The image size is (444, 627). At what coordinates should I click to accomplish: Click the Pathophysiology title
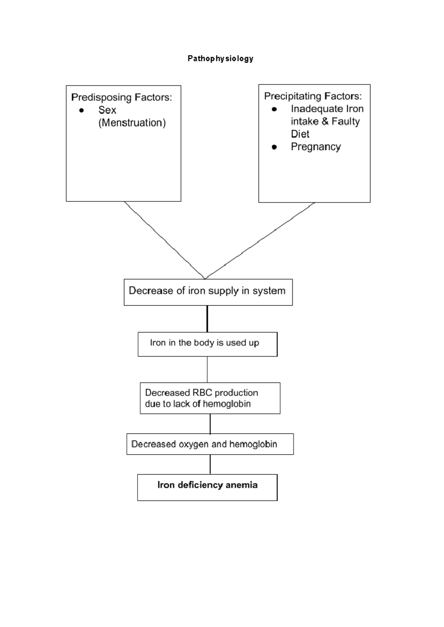pos(220,58)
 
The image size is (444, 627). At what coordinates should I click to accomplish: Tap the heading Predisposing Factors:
pos(121,97)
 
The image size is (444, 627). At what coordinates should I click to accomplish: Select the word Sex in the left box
pos(107,110)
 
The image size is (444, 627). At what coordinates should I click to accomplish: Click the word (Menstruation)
pos(132,123)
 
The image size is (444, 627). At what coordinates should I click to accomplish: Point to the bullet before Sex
pos(81,110)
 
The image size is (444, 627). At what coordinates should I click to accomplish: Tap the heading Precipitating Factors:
pos(313,96)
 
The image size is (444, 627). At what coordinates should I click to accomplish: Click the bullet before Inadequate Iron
pos(274,109)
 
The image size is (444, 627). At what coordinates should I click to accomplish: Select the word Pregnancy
pos(316,147)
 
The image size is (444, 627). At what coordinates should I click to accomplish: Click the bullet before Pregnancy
pos(274,147)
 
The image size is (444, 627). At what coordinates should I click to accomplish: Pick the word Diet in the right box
pos(300,134)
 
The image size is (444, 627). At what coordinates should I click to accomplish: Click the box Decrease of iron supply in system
pos(208,292)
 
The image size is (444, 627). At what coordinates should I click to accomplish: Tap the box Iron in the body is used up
pos(207,344)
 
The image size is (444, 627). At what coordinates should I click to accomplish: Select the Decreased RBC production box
pos(210,398)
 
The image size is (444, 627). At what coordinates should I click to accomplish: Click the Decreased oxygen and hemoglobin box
pos(210,444)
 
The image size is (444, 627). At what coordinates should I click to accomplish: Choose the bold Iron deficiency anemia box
pos(207,487)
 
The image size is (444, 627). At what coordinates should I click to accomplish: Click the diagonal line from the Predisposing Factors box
pos(165,240)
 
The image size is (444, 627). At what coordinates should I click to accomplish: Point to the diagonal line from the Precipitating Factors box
pos(259,240)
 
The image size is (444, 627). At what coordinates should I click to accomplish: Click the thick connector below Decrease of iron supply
pos(207,319)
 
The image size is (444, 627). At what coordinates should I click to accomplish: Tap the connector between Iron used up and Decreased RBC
pos(207,369)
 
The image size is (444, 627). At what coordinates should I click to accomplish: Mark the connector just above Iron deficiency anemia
pos(210,464)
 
